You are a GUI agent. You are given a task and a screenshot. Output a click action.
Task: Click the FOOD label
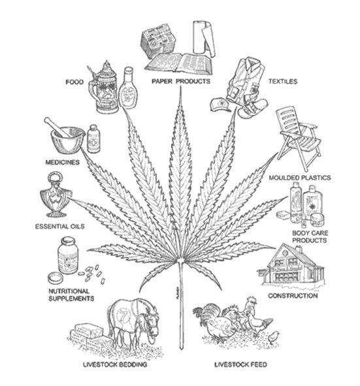click(74, 82)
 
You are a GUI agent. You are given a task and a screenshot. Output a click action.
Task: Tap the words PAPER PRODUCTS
click(181, 81)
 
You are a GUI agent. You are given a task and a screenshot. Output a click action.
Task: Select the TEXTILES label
click(283, 81)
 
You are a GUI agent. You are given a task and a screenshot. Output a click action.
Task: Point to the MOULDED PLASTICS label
click(300, 178)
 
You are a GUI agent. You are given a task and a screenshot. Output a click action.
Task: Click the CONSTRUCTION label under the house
click(293, 296)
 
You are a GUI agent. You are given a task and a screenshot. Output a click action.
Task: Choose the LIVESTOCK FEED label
click(240, 364)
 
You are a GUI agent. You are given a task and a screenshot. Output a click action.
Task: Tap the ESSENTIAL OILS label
click(60, 226)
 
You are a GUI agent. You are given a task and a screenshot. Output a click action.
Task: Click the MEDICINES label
click(63, 162)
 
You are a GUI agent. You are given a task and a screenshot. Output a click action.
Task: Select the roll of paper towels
click(203, 38)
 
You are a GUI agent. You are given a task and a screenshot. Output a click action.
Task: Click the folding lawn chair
click(299, 138)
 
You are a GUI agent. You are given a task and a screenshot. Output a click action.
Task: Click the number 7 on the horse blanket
click(122, 315)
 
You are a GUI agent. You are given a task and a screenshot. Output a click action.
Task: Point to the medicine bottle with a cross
click(93, 139)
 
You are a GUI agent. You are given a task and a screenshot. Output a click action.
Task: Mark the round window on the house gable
click(285, 253)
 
